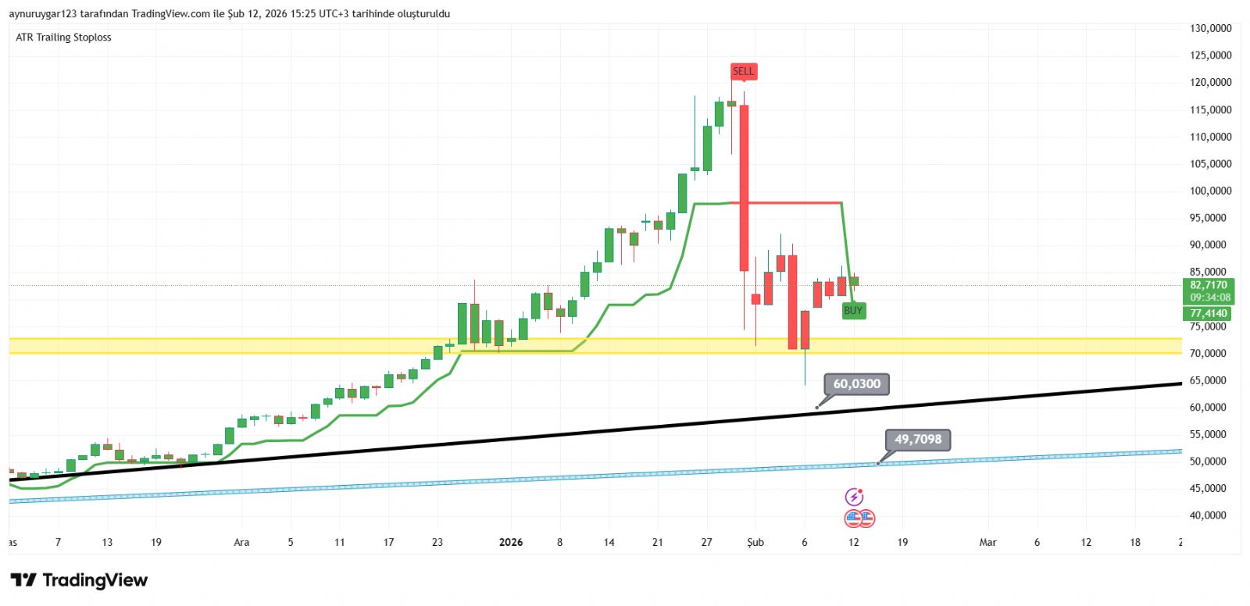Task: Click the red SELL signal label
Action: click(x=743, y=71)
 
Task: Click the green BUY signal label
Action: click(x=853, y=311)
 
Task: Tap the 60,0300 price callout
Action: click(x=856, y=384)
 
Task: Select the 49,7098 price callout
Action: click(x=918, y=440)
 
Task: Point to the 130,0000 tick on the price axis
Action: click(x=1210, y=28)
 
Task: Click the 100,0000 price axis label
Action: click(x=1210, y=191)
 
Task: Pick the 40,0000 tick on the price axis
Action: click(x=1210, y=515)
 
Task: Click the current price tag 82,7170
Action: click(x=1209, y=285)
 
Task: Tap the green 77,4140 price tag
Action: click(x=1209, y=314)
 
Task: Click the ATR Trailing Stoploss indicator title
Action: click(x=63, y=37)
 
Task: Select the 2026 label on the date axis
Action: click(x=511, y=542)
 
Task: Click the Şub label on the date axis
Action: click(x=755, y=542)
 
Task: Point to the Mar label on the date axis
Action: click(x=987, y=542)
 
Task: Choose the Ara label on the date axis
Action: click(x=241, y=542)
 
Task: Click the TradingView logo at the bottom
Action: click(x=79, y=580)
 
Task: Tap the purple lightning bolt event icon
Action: click(x=854, y=497)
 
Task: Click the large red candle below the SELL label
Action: click(x=744, y=187)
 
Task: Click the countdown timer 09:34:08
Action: click(x=1209, y=298)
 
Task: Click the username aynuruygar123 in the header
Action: click(x=41, y=14)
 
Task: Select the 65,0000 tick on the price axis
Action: click(x=1210, y=380)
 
